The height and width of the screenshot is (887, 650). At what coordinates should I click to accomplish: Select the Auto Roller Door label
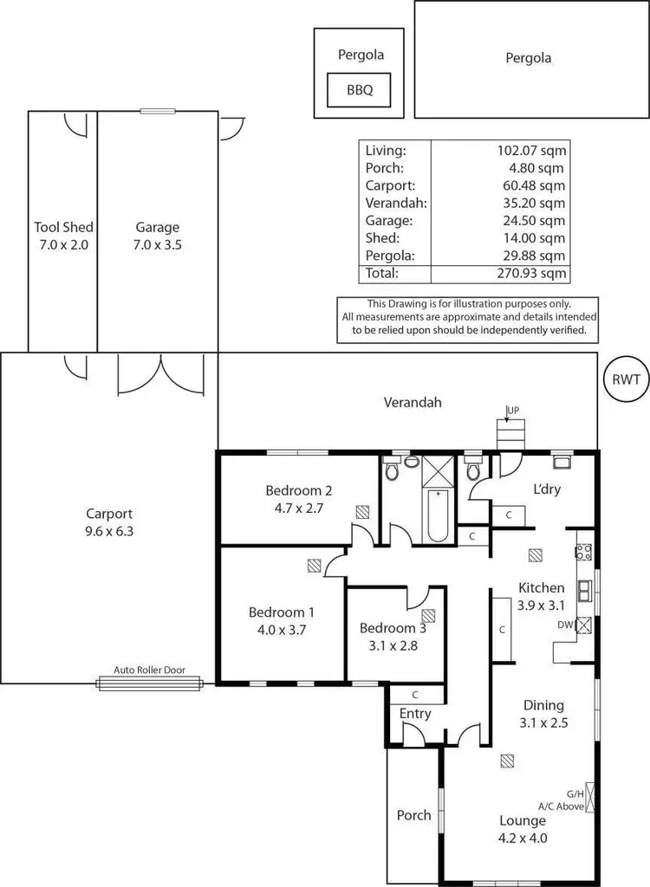[x=149, y=670]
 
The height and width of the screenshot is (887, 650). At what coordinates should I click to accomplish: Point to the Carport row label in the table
[x=390, y=185]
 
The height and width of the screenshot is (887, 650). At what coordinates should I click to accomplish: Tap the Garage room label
[x=157, y=228]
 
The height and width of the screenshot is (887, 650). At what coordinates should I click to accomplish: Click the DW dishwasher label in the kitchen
[x=565, y=623]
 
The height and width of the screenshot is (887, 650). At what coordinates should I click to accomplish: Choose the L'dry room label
[x=546, y=489]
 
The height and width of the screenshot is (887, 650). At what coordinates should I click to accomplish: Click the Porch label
[x=413, y=815]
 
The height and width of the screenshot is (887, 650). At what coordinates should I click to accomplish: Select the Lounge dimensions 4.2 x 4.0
[x=522, y=838]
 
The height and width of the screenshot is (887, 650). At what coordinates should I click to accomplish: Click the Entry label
[x=415, y=714]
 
